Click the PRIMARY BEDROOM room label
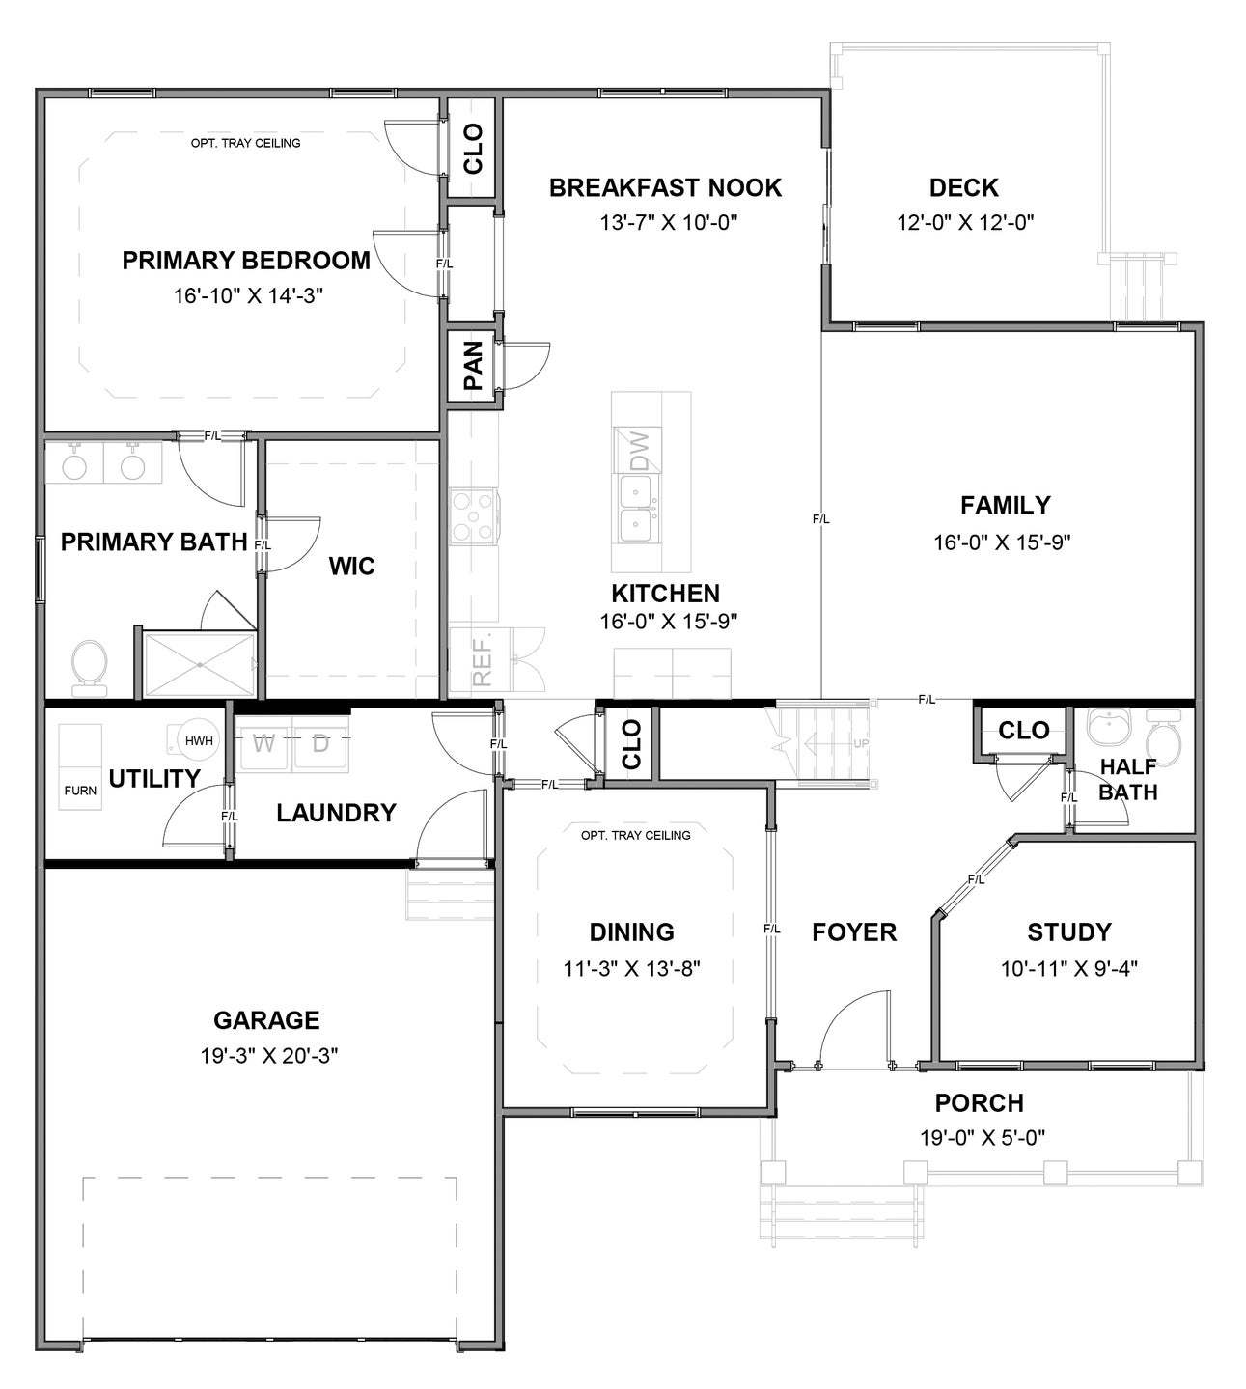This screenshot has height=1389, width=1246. point(246,261)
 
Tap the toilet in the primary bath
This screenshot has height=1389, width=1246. point(90,665)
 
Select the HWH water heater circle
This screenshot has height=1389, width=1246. point(198,741)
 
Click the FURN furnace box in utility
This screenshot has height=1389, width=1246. point(80,790)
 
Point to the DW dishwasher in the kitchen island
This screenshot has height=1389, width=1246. point(639,450)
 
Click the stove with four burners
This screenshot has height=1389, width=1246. point(473,515)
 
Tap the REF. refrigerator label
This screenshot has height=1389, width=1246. point(483,659)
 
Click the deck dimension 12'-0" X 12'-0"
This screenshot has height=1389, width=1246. point(965,223)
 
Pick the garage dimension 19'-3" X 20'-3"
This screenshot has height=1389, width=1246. point(267,1056)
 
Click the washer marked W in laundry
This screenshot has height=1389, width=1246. point(263,744)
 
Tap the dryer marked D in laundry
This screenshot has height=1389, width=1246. point(321,744)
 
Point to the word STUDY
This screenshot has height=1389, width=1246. point(1068,932)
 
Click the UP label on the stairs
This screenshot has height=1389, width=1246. point(860,744)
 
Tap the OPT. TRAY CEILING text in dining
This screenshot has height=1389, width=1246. point(635,835)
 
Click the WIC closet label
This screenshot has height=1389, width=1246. point(351,567)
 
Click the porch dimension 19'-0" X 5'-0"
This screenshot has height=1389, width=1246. point(982,1138)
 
